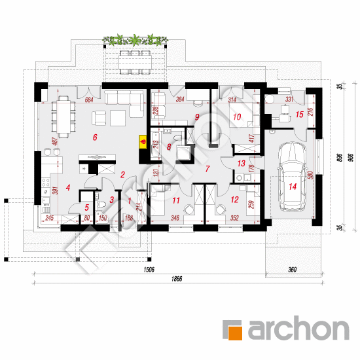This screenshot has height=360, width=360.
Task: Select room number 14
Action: tap(292, 187)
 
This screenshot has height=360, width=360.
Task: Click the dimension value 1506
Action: tap(149, 268)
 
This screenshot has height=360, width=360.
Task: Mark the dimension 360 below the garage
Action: tap(291, 269)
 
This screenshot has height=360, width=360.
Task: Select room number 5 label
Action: tap(87, 207)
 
